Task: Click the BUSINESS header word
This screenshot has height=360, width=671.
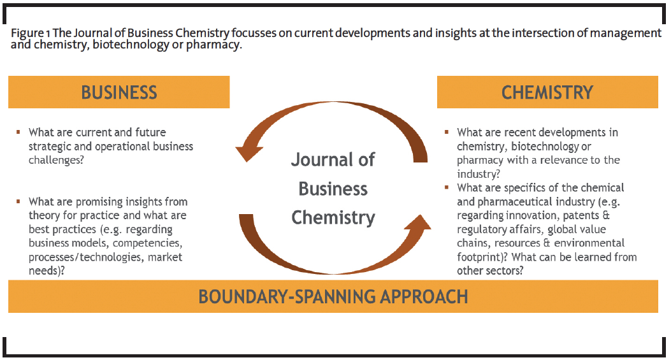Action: tap(119, 92)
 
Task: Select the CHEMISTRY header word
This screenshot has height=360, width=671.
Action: tap(547, 92)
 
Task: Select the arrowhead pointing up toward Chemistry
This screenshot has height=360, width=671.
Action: tap(419, 224)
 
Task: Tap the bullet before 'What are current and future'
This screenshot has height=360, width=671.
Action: tap(18, 133)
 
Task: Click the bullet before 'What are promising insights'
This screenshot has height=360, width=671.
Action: tap(18, 201)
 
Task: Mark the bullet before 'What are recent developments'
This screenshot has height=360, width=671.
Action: tap(447, 133)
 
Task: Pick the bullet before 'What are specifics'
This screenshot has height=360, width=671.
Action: tap(447, 187)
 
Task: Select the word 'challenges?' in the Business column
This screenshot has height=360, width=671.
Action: tap(56, 160)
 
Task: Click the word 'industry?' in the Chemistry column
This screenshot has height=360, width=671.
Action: tap(479, 174)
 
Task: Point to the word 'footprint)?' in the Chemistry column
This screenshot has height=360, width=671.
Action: tap(482, 257)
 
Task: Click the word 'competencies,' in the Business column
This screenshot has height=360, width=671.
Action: tap(148, 243)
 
